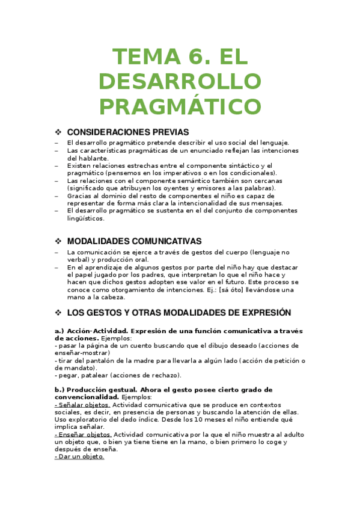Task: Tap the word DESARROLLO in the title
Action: coord(180,82)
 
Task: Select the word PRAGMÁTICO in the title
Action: coord(180,106)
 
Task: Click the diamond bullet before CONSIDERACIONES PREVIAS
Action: coord(58,132)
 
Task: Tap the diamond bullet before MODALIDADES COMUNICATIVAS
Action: coord(58,241)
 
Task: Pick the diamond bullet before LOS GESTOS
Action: coord(58,313)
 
